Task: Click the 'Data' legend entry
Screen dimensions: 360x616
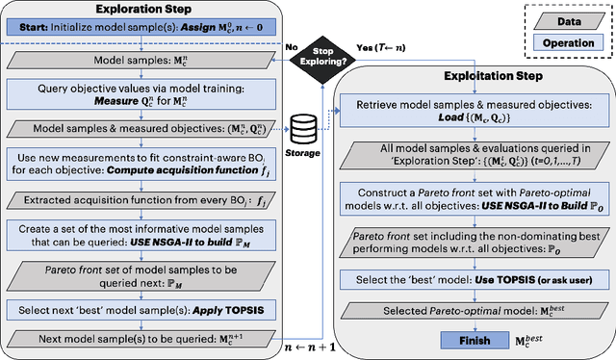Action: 557,21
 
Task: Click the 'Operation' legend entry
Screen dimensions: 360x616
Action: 557,43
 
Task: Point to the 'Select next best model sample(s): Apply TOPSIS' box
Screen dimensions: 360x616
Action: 141,311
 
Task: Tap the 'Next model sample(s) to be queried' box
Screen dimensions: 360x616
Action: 141,340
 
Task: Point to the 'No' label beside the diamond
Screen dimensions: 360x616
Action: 295,44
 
